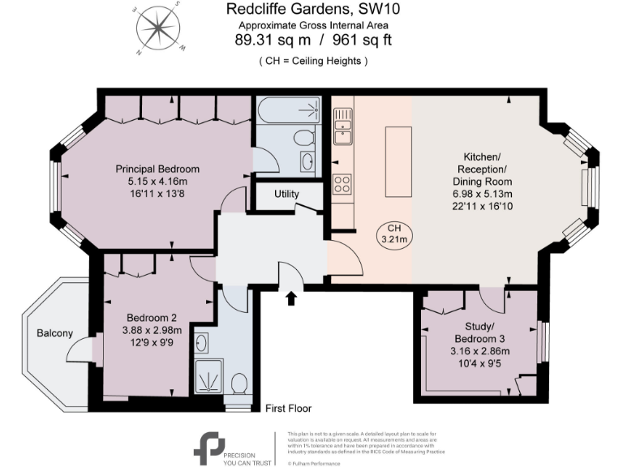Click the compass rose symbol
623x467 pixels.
158,29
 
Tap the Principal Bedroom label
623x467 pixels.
157,169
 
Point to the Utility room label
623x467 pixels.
286,195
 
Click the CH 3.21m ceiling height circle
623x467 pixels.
394,233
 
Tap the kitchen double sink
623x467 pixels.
343,129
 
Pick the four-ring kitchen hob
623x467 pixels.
342,184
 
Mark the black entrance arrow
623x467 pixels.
291,298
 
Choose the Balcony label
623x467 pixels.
54,333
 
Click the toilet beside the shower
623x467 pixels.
238,381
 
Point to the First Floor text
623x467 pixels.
288,409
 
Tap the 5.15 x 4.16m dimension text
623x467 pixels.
157,181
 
